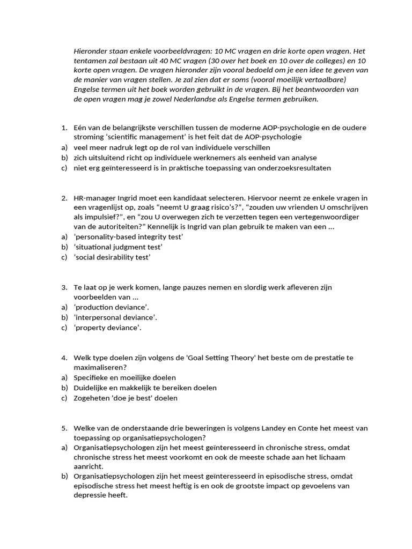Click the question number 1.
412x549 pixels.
click(63, 128)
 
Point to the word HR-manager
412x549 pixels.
click(93, 198)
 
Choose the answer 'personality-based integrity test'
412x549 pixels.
click(129, 237)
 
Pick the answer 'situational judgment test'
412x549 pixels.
click(118, 247)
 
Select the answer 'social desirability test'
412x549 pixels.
click(112, 257)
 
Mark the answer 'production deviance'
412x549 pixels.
click(111, 307)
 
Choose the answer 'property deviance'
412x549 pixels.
click(107, 328)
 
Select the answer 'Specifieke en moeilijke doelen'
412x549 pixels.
click(124, 377)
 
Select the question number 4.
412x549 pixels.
click(63, 358)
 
